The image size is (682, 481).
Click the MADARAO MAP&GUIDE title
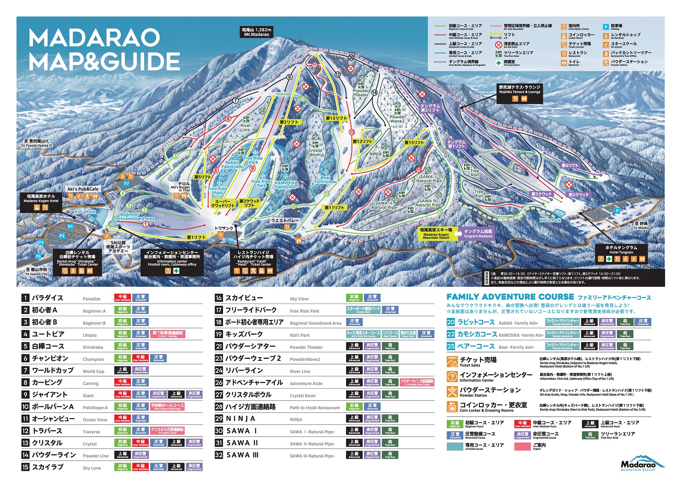tap(104, 50)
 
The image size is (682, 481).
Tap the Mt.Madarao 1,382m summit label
tap(256, 32)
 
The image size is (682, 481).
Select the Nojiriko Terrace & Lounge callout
tap(519, 90)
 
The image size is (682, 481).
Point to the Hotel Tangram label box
tap(621, 250)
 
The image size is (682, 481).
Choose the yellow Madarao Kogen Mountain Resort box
tap(436, 234)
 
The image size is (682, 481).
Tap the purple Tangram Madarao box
tap(478, 234)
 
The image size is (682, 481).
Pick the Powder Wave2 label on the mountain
tap(397, 119)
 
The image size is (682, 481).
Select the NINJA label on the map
tap(375, 154)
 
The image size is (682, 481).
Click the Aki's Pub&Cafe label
tap(83, 189)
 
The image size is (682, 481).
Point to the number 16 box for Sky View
tap(219, 298)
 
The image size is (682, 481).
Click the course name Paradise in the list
tap(91, 299)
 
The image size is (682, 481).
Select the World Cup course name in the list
tap(93, 371)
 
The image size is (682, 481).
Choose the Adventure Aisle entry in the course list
tap(306, 383)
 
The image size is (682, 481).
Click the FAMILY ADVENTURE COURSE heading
tap(510, 297)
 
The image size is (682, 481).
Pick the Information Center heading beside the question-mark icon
tap(496, 377)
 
